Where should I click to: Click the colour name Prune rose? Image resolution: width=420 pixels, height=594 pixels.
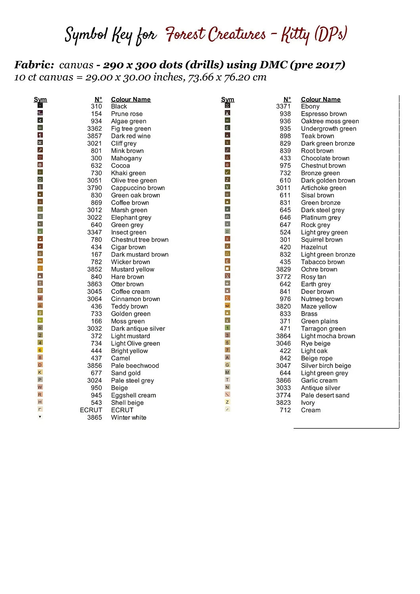tap(126, 114)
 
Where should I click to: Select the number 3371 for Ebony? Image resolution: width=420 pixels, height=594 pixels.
tap(283, 106)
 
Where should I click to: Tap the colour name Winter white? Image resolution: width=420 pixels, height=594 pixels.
tap(128, 417)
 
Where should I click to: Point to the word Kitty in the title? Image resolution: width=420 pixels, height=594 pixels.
tap(295, 35)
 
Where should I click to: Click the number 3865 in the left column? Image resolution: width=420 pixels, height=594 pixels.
tap(94, 417)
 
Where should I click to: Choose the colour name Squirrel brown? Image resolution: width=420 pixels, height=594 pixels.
tap(321, 240)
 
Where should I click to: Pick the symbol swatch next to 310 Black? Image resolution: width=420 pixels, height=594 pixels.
tap(40, 106)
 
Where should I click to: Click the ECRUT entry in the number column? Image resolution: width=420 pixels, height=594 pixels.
tap(91, 410)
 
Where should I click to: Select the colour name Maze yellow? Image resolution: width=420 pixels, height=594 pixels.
tap(319, 306)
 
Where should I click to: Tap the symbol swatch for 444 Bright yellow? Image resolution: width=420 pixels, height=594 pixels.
tap(40, 350)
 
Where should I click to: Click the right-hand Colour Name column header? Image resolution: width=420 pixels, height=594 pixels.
tap(321, 99)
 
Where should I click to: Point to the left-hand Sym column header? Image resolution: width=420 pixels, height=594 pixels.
tap(40, 99)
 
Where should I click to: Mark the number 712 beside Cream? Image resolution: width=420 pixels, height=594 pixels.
tap(285, 410)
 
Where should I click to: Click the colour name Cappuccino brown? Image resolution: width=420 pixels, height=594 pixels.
tap(137, 188)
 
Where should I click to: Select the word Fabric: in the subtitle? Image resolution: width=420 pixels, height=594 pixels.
tap(34, 65)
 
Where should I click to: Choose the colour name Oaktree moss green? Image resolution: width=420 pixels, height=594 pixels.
tap(330, 121)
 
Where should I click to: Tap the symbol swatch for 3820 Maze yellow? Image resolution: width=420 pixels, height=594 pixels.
tap(227, 306)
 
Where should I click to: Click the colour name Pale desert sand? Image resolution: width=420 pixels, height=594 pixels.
tap(325, 395)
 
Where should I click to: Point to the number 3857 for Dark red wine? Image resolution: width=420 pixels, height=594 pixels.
tap(94, 136)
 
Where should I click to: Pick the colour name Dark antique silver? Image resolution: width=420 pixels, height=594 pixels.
tap(138, 328)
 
